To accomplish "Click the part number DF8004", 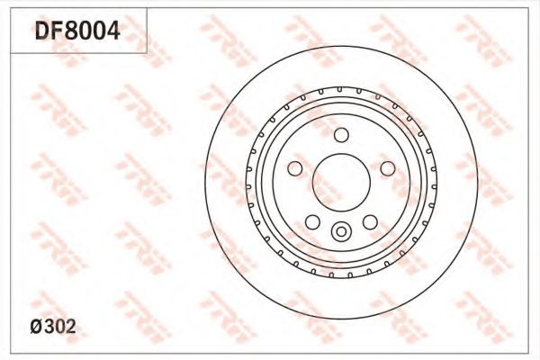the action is (77, 31).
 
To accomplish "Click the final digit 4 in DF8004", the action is (113, 31).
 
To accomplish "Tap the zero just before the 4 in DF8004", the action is (100, 31).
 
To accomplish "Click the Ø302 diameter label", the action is (53, 326).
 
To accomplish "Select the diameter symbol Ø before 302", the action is (36, 327).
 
